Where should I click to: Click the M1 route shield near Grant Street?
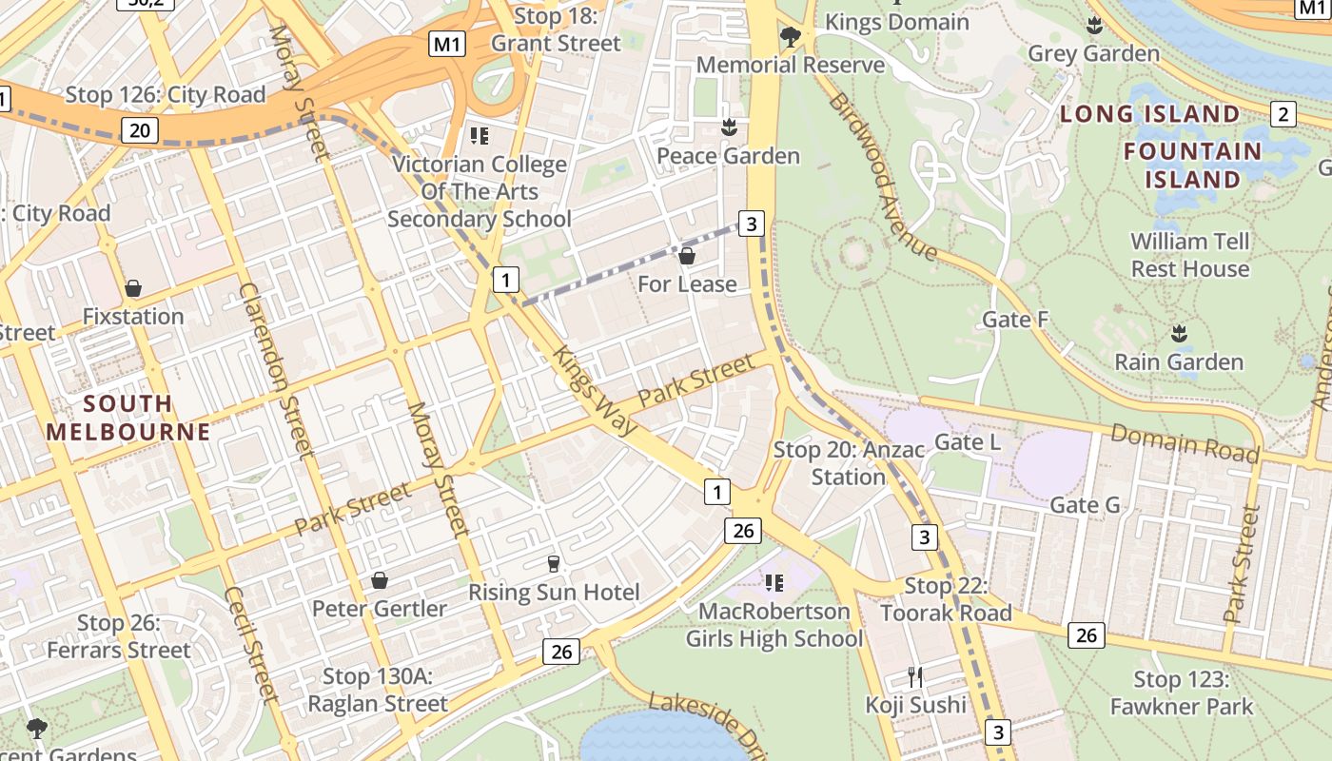point(447,44)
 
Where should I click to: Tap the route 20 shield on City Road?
point(140,130)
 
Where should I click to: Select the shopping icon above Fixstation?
point(133,287)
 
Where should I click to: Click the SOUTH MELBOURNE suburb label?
point(127,417)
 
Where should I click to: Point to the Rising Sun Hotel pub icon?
point(554,564)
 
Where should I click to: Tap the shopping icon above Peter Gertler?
point(380,580)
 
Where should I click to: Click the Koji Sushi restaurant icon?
point(915,677)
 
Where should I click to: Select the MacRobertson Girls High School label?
point(774,624)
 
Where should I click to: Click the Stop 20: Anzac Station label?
point(848,462)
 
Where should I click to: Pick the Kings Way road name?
point(596,391)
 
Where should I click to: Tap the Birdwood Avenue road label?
point(883,177)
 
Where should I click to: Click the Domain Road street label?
point(1185,443)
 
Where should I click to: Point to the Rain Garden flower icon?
point(1179,333)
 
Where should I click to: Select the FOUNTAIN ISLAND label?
point(1192,165)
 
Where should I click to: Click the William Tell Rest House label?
point(1189,255)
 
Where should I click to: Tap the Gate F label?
point(1014,320)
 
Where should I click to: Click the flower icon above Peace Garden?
point(729,127)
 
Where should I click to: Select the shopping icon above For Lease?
point(687,256)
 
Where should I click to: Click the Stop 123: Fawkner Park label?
point(1182,693)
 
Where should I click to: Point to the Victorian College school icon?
point(480,136)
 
